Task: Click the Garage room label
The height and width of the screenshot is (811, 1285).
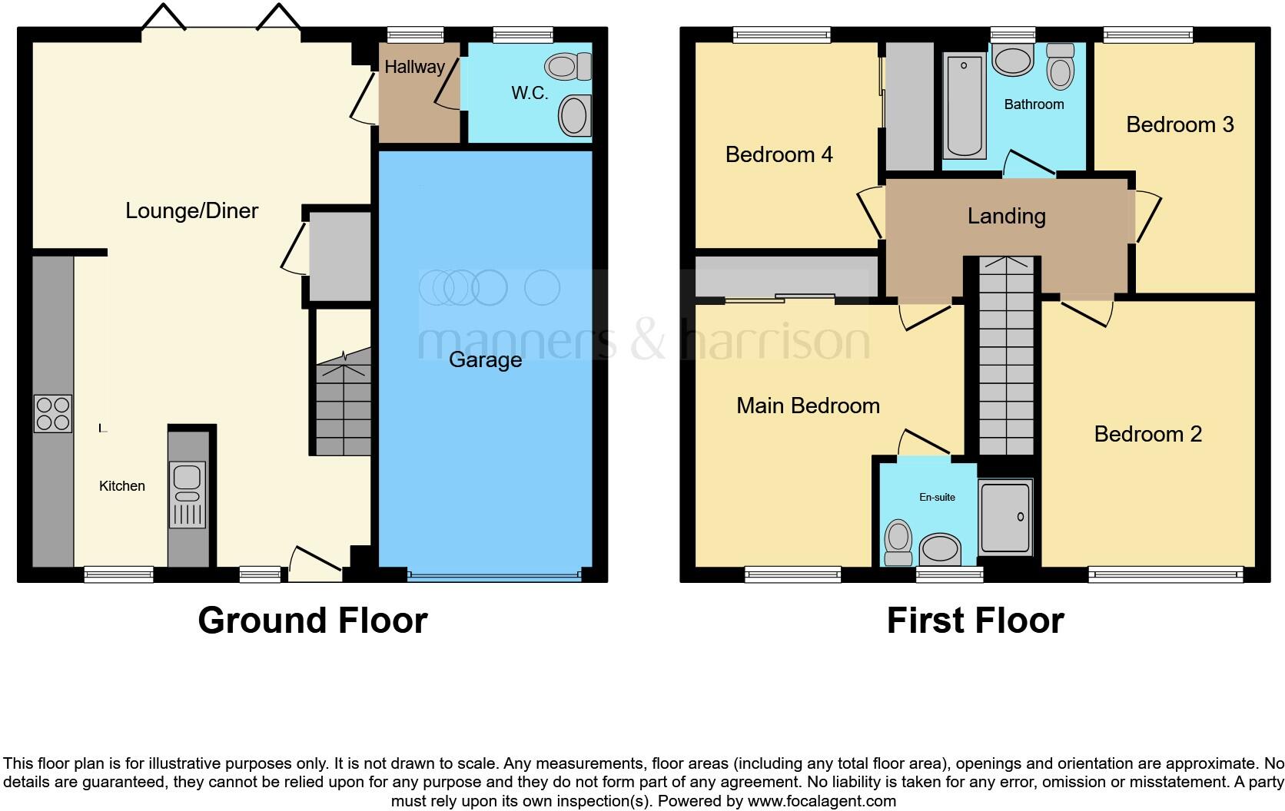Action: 485,359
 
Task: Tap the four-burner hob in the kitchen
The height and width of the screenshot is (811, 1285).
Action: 53,413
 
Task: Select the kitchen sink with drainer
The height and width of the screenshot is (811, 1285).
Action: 188,495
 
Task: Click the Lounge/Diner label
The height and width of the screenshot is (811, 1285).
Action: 191,210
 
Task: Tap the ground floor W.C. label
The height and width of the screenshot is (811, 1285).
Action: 530,93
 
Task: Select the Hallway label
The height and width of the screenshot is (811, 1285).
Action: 414,67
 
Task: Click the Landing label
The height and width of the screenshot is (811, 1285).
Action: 1006,216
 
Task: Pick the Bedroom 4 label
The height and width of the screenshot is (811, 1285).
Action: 779,154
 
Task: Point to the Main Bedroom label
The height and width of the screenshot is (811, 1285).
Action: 808,405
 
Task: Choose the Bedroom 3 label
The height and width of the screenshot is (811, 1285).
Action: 1180,124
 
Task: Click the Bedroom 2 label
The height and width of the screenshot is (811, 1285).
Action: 1147,434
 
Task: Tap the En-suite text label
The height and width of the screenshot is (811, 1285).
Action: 937,497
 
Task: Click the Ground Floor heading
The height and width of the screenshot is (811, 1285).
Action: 312,621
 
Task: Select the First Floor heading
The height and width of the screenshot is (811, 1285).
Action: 975,621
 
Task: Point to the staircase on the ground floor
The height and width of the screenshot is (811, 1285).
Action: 343,407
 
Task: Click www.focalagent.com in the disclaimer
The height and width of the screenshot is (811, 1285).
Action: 822,801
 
